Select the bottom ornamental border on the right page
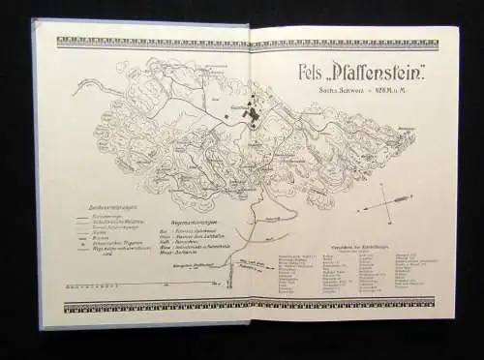tap(353, 309)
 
